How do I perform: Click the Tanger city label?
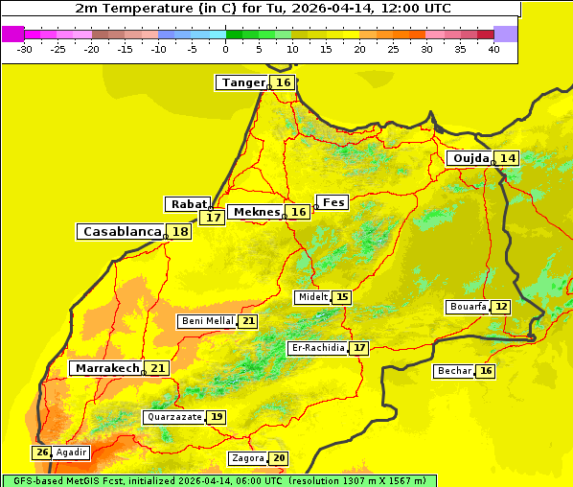coord(242,82)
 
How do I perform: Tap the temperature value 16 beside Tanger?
coord(284,82)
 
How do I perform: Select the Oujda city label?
coord(470,158)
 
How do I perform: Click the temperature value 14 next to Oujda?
coord(507,158)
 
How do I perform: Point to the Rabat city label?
coord(188,204)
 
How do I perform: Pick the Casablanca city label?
coord(121,232)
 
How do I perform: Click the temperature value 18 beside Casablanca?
coord(180,232)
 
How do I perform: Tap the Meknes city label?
coord(257,212)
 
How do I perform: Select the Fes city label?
coord(332,202)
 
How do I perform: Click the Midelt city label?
coord(313,297)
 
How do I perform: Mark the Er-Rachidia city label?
coord(317,348)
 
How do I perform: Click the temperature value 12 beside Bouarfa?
coord(501,307)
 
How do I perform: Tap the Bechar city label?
coord(453,371)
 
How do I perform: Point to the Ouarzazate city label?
coord(174,417)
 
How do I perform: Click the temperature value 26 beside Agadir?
coord(42,452)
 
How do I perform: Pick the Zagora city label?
coord(247,458)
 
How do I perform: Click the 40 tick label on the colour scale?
coord(493,49)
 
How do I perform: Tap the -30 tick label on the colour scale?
coord(24,49)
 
